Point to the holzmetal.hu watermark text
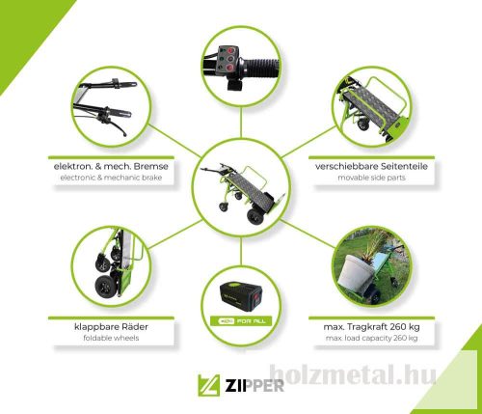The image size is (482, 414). pos(354,375)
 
